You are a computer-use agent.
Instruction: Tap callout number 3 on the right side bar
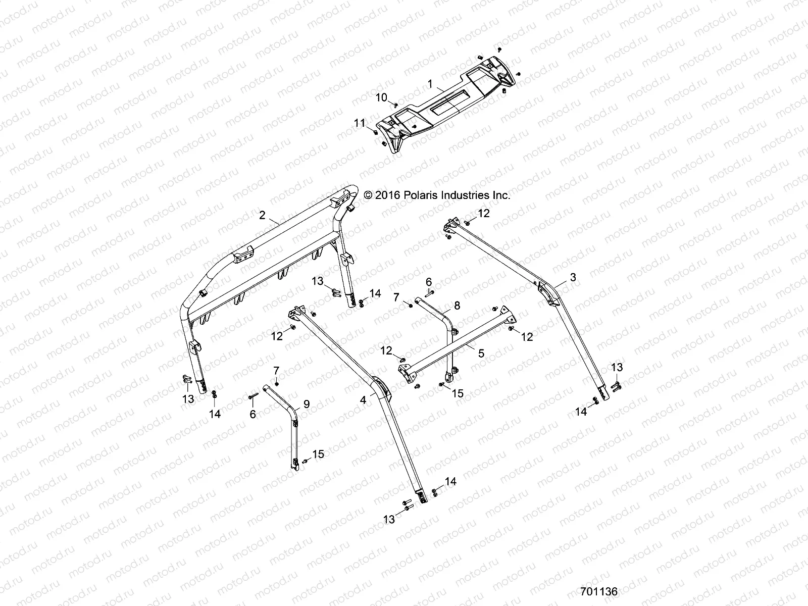point(573,277)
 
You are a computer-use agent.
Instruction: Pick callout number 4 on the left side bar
point(363,400)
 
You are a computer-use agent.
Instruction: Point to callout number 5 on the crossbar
point(481,353)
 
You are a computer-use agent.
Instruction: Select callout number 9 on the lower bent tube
point(306,404)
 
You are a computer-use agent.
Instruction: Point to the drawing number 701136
point(599,591)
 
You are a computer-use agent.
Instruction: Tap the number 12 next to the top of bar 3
point(484,213)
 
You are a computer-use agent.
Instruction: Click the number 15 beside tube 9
point(318,454)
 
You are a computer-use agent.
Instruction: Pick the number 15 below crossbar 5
point(458,393)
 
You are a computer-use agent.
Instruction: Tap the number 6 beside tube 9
point(253,414)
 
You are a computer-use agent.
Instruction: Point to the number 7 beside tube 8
point(396,297)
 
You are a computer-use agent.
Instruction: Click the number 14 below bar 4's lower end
point(450,482)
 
